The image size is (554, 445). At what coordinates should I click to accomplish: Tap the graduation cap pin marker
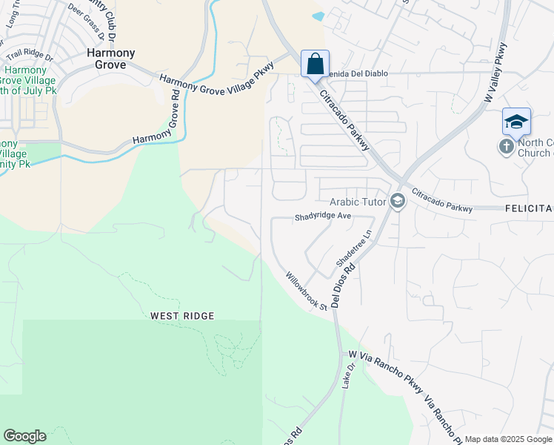[516, 121]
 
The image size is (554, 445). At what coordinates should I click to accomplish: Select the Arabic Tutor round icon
[398, 202]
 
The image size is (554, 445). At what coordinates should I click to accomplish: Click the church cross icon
[507, 147]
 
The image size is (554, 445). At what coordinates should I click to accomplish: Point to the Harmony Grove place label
[111, 59]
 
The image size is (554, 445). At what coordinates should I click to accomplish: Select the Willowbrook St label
[307, 291]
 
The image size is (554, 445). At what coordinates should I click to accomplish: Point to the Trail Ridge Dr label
[30, 55]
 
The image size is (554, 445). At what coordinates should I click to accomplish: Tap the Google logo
[24, 436]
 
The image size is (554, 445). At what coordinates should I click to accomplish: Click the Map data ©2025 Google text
[507, 439]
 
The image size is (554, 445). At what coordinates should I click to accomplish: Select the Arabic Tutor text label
[360, 202]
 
